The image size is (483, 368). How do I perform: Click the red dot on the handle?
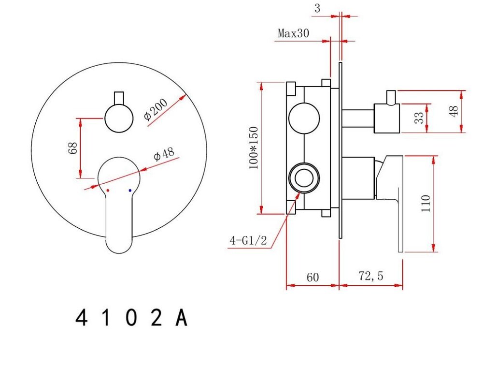pyautogui.click(x=108, y=191)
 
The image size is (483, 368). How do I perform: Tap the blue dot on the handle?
pyautogui.click(x=130, y=191)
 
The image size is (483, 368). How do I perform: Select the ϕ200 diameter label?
pyautogui.click(x=156, y=109)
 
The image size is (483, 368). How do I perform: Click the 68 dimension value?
pyautogui.click(x=73, y=148)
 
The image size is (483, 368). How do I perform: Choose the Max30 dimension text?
pyautogui.click(x=293, y=33)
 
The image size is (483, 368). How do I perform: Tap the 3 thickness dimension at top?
pyautogui.click(x=317, y=8)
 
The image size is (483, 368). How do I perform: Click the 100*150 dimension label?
pyautogui.click(x=254, y=147)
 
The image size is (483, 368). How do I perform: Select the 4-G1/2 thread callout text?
pyautogui.click(x=248, y=240)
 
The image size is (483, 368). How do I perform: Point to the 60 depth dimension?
pyautogui.click(x=313, y=277)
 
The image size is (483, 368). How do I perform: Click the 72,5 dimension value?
pyautogui.click(x=371, y=276)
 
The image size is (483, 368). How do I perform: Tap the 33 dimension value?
pyautogui.click(x=419, y=118)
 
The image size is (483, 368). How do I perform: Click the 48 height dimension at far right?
pyautogui.click(x=454, y=111)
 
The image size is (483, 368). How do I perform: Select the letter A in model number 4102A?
pyautogui.click(x=181, y=318)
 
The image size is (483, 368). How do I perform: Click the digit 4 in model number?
pyautogui.click(x=81, y=318)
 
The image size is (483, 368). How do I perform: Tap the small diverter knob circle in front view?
pyautogui.click(x=119, y=118)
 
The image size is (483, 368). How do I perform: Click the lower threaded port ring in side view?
pyautogui.click(x=304, y=178)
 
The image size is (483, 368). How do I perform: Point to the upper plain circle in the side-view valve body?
pyautogui.click(x=304, y=118)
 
